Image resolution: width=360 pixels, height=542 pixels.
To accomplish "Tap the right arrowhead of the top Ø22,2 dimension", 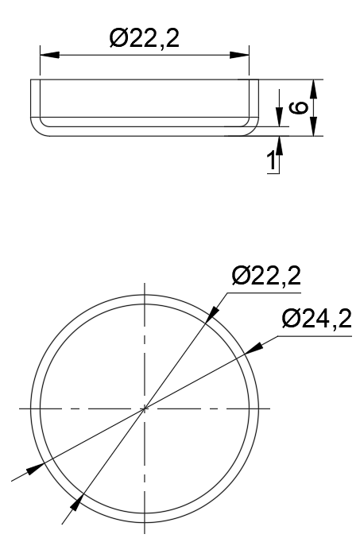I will (239, 55).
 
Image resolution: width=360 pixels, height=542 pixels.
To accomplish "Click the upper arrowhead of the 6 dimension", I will (315, 88).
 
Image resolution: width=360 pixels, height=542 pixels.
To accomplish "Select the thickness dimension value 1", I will (272, 160).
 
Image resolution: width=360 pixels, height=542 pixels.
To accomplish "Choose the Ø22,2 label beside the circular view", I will (265, 277).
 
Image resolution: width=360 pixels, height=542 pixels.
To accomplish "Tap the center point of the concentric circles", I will (144, 408).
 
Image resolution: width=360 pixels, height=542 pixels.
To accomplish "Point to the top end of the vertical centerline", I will (144, 284).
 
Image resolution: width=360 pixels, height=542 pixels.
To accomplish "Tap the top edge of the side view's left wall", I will (34, 79).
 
